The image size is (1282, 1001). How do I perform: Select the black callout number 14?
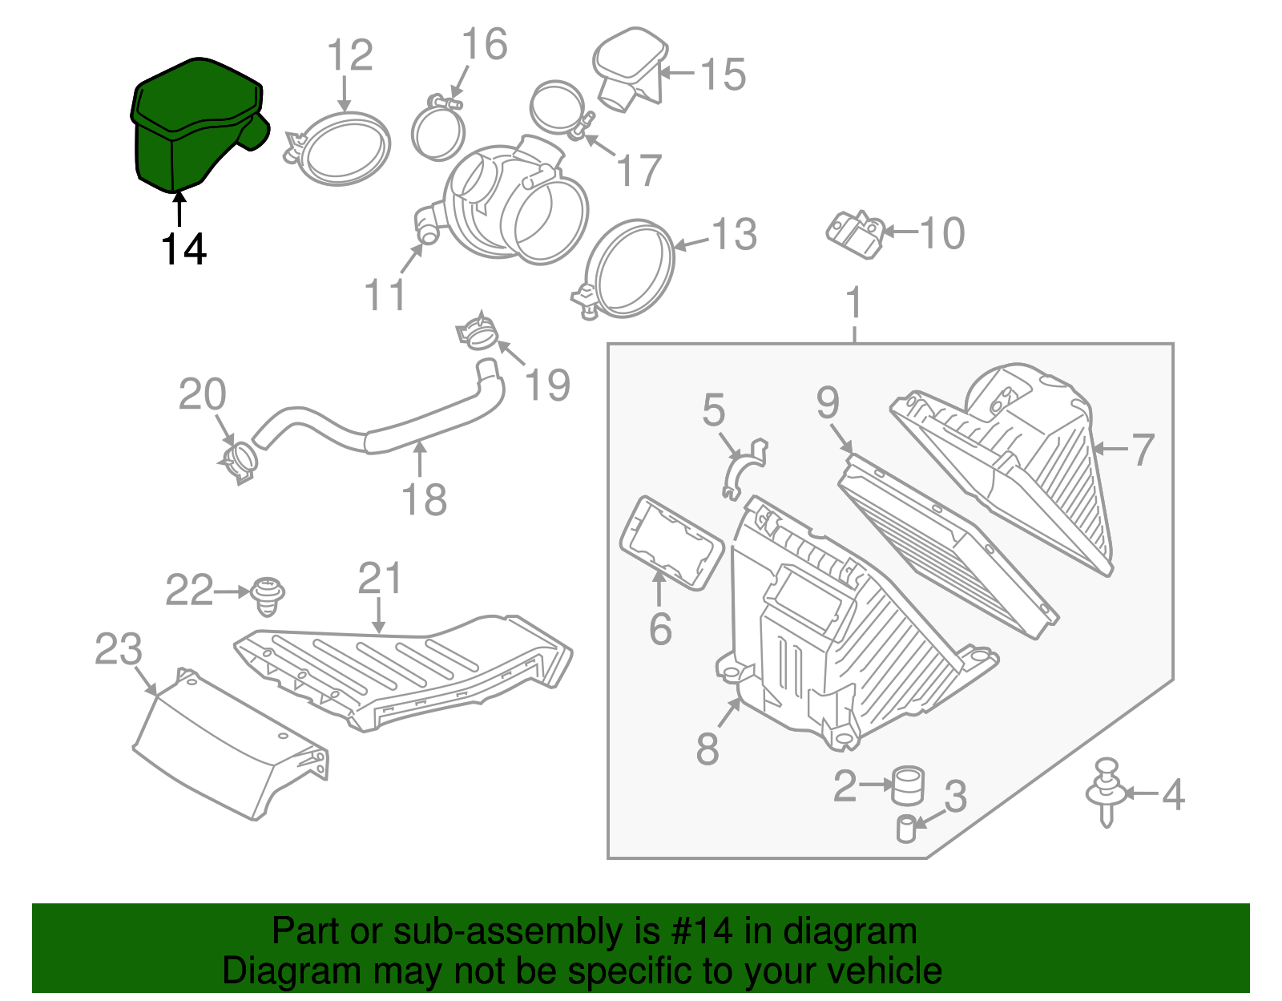coord(183,249)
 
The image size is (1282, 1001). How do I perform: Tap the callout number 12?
coord(350,55)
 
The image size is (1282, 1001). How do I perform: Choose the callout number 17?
coord(639,171)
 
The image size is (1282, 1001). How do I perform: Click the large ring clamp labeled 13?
coord(629,268)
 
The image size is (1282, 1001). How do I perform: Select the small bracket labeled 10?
coord(854,233)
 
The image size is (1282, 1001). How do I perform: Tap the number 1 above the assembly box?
coord(854,303)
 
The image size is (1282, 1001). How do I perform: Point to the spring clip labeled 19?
coord(477,333)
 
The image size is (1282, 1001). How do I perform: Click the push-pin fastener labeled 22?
coord(268,595)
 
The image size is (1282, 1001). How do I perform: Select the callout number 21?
coord(379,578)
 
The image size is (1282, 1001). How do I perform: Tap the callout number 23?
coord(118,650)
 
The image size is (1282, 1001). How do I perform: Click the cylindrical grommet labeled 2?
coord(908,785)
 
